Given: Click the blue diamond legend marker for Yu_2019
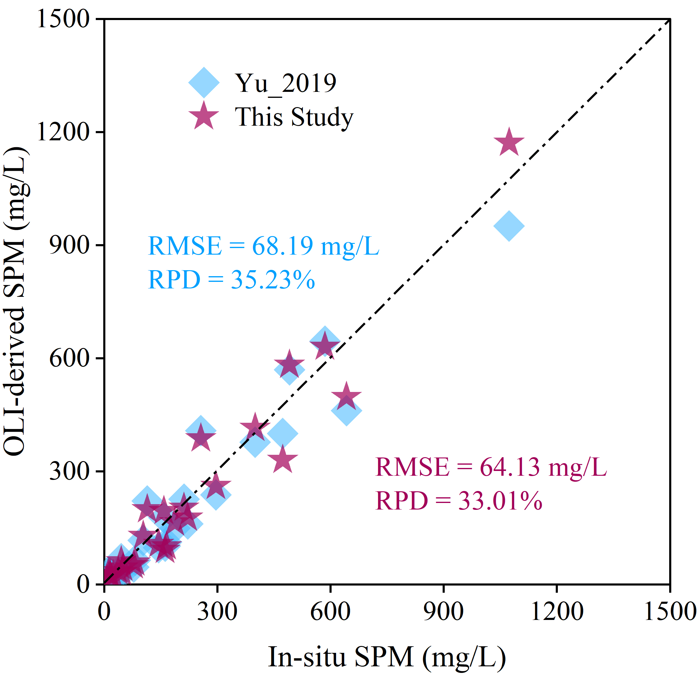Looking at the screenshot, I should [204, 82].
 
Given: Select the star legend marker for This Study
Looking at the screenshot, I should [204, 116].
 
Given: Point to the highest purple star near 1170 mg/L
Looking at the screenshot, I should [508, 142].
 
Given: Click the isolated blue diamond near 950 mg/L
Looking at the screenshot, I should [508, 226].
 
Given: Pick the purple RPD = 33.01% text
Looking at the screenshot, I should [458, 501].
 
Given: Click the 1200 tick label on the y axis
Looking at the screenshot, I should [63, 132].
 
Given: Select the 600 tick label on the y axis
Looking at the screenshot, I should [69, 358].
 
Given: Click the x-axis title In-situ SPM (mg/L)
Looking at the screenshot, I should [387, 656].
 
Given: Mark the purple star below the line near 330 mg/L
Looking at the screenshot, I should [283, 460].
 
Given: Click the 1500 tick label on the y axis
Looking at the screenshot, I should [63, 19].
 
